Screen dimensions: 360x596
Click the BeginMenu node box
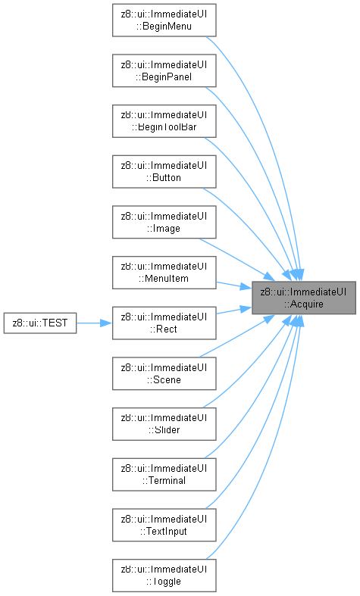pyautogui.click(x=164, y=20)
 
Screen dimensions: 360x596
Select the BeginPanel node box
pyautogui.click(x=164, y=70)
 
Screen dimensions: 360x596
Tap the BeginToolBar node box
pyautogui.click(x=164, y=121)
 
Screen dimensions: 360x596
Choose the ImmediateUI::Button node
pyautogui.click(x=164, y=171)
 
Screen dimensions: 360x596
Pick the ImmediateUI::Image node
pyautogui.click(x=164, y=222)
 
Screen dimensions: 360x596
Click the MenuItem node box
pyautogui.click(x=164, y=273)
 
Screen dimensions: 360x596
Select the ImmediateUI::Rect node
pyautogui.click(x=164, y=323)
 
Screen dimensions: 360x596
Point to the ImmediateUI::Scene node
pyautogui.click(x=164, y=373)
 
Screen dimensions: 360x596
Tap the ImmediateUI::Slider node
pyautogui.click(x=164, y=424)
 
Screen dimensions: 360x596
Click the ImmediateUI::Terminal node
pyautogui.click(x=164, y=474)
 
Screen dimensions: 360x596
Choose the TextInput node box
pyautogui.click(x=164, y=525)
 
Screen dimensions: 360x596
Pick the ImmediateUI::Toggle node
pyautogui.click(x=164, y=576)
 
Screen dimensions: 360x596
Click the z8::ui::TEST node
pyautogui.click(x=40, y=323)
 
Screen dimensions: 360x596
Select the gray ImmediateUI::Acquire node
pyautogui.click(x=304, y=298)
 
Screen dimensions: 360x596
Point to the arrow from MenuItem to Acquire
pyautogui.click(x=234, y=286)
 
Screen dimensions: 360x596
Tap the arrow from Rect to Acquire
pyautogui.click(x=234, y=310)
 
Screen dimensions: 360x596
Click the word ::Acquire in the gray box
pyautogui.click(x=304, y=304)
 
